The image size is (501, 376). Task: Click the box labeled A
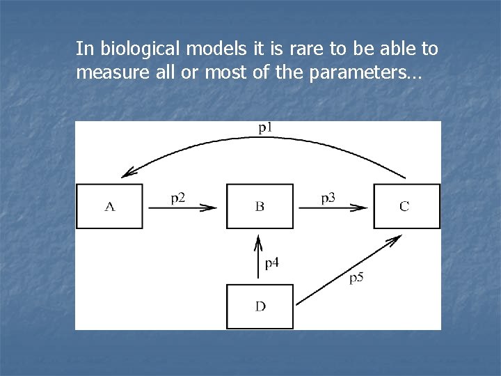[109, 206]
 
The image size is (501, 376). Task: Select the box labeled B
[260, 206]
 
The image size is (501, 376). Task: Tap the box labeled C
[406, 206]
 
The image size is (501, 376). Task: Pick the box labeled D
[260, 306]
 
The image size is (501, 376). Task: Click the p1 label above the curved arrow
[267, 127]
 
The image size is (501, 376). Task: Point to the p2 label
[178, 198]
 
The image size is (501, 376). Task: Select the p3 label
[328, 198]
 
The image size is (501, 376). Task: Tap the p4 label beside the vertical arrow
[272, 263]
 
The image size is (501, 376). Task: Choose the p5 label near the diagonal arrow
[356, 278]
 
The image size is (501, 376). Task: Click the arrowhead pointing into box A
[127, 174]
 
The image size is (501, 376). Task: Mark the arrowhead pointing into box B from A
[210, 207]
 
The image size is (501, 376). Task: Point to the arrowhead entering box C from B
[360, 207]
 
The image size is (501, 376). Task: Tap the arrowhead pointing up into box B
[259, 240]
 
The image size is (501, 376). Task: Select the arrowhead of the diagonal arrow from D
[395, 239]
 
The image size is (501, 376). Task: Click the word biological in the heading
[137, 49]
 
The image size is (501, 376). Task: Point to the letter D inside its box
[260, 306]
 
